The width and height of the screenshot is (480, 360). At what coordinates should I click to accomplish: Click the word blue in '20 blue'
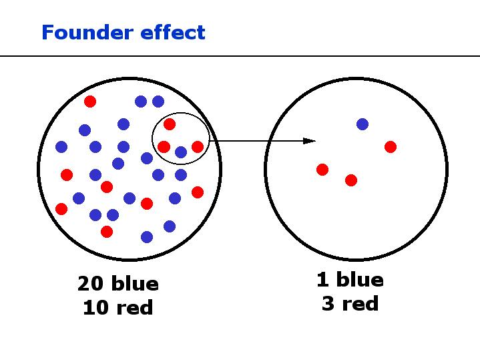click(x=134, y=284)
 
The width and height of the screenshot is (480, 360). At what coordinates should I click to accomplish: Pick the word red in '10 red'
click(x=134, y=308)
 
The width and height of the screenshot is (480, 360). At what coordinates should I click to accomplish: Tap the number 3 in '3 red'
click(x=327, y=304)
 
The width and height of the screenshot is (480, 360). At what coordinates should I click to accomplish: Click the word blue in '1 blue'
click(x=359, y=279)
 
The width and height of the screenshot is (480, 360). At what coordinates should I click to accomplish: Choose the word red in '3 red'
click(x=359, y=304)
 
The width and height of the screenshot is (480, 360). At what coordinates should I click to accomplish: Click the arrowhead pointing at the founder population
click(x=309, y=140)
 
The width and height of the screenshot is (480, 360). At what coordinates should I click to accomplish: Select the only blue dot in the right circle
click(x=363, y=124)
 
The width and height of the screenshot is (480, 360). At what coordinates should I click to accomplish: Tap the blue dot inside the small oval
click(x=181, y=152)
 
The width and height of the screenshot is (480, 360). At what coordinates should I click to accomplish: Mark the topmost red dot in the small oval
click(x=170, y=124)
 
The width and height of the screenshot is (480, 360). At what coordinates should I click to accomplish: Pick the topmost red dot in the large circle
click(x=90, y=102)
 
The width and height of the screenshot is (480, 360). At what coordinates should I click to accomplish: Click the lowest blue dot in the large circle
click(x=147, y=236)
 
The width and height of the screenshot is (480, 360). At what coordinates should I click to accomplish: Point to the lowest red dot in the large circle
click(x=107, y=231)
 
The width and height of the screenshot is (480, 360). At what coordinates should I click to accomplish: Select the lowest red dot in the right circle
click(x=351, y=180)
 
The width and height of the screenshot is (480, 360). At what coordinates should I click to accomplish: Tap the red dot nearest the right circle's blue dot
click(x=391, y=146)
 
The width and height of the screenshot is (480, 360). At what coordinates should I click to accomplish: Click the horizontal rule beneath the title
click(x=240, y=56)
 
